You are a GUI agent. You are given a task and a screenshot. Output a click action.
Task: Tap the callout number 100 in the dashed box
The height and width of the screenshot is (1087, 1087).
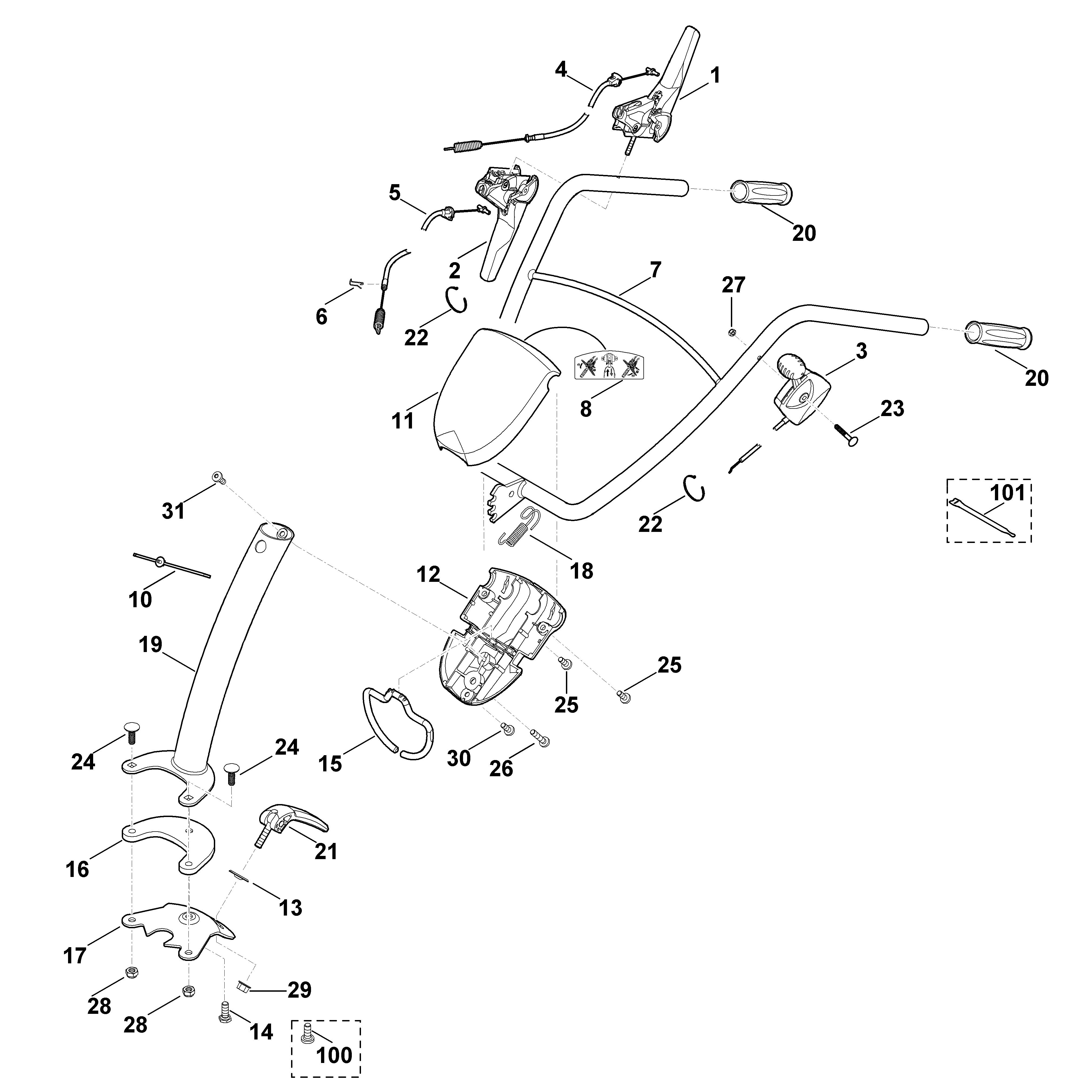pyautogui.click(x=334, y=1055)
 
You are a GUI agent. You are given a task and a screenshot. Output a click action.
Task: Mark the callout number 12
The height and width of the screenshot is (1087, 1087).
pyautogui.click(x=428, y=575)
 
